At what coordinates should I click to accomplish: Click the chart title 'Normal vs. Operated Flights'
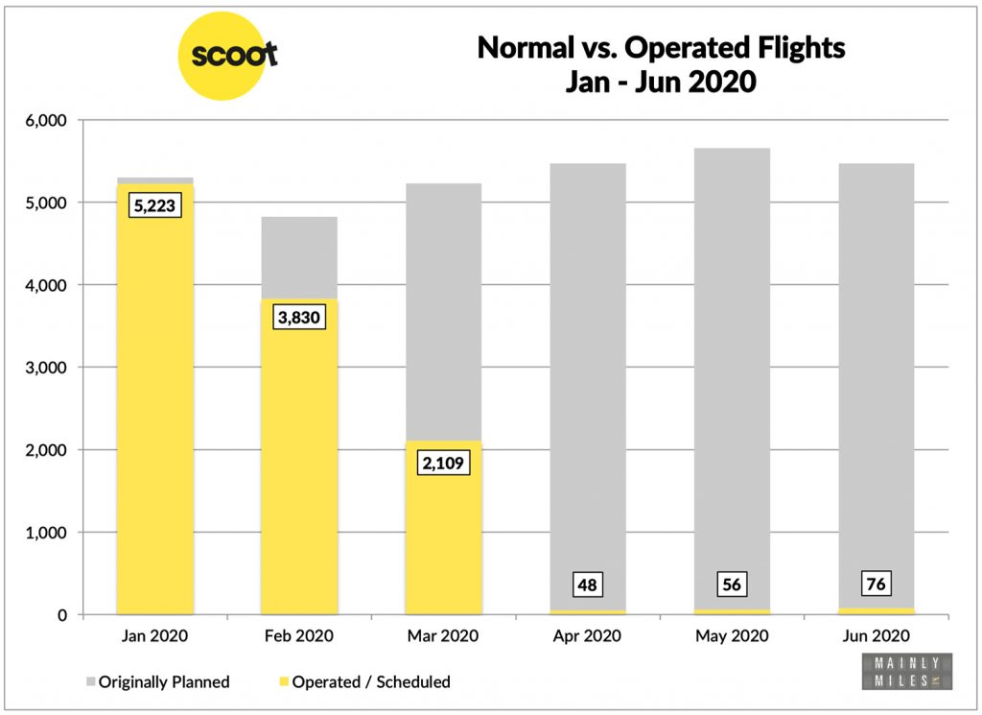[661, 47]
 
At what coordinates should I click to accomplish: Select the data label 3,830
[299, 319]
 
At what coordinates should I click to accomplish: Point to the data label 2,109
[444, 463]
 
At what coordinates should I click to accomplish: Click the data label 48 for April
[587, 584]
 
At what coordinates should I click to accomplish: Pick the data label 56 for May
[732, 584]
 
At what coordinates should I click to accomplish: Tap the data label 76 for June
[876, 584]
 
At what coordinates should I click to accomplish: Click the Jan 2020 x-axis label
[154, 635]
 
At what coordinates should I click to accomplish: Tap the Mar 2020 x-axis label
[444, 635]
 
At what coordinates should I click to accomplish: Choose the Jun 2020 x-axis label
[876, 635]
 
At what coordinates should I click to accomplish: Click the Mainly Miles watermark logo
[904, 671]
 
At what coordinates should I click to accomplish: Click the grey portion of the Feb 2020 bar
[299, 257]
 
